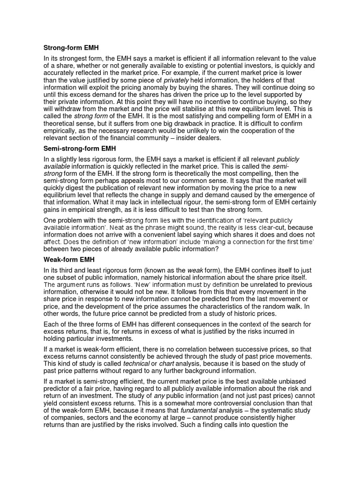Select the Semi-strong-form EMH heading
point(81,149)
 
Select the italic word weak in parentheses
point(195,270)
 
